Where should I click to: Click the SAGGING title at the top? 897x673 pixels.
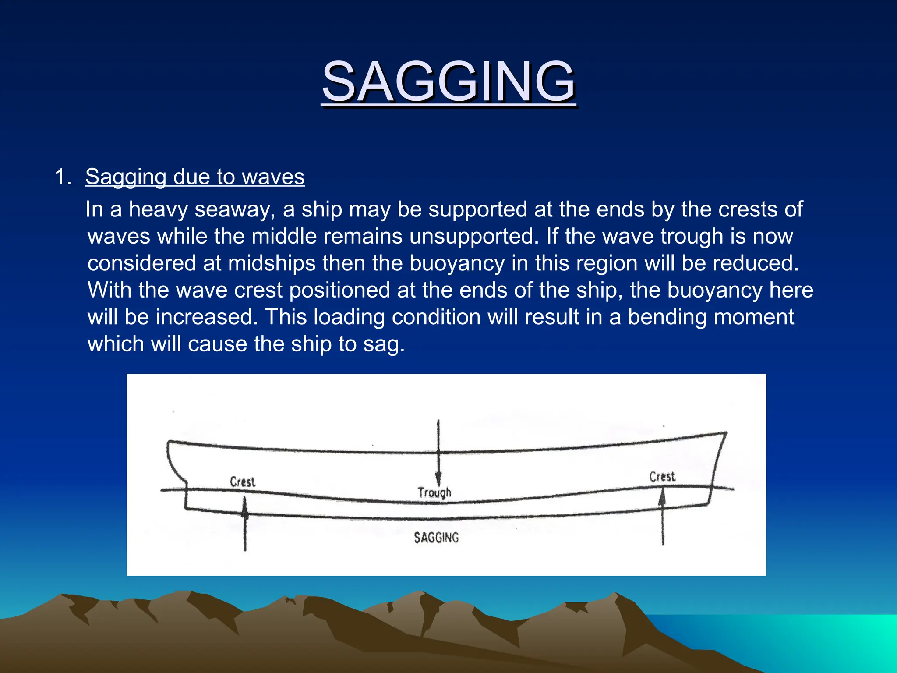pyautogui.click(x=448, y=82)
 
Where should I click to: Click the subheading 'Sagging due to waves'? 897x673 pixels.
pyautogui.click(x=194, y=177)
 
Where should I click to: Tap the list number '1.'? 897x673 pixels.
pyautogui.click(x=63, y=177)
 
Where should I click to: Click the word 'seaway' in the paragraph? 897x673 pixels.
pyautogui.click(x=234, y=209)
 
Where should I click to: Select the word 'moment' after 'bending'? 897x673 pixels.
pyautogui.click(x=758, y=317)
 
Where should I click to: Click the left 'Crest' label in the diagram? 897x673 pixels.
pyautogui.click(x=242, y=482)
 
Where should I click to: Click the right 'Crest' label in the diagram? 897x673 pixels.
pyautogui.click(x=662, y=477)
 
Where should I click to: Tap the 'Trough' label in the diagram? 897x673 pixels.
pyautogui.click(x=434, y=492)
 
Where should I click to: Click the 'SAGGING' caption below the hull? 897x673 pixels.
pyautogui.click(x=436, y=538)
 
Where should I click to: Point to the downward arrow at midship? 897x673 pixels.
pyautogui.click(x=438, y=456)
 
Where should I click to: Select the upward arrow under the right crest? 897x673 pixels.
pyautogui.click(x=663, y=517)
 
